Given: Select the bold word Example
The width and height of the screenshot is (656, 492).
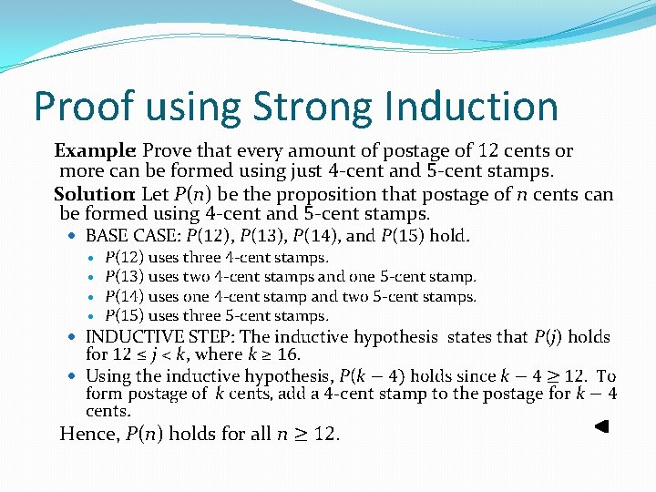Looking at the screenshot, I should [x=95, y=150].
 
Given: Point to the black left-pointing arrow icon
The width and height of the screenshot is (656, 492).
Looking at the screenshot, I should [x=601, y=425].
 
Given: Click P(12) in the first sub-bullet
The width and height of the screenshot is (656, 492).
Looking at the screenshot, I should [x=124, y=257].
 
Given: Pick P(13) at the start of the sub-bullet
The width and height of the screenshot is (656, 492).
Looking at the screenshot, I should [x=124, y=276].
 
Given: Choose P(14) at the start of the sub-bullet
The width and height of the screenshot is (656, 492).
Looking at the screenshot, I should [x=124, y=296].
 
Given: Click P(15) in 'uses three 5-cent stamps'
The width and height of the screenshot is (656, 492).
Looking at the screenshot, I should [x=124, y=315].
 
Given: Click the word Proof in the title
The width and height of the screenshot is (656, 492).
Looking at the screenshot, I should [x=77, y=107].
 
